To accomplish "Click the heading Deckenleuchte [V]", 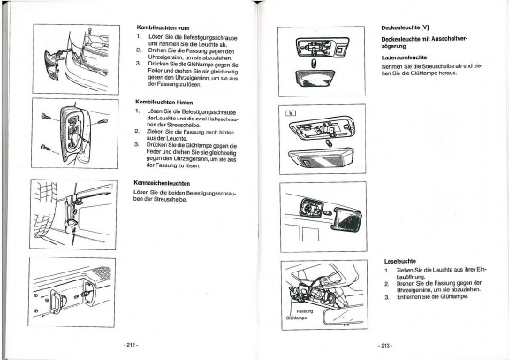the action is coord(405,27).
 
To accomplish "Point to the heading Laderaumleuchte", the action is coord(404,57).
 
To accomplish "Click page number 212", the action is coord(131,345).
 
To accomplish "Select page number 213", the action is coord(385,346).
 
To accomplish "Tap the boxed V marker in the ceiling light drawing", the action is coord(291,113).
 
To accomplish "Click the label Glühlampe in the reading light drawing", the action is coord(296,318).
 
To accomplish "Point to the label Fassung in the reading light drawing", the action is coord(305,311).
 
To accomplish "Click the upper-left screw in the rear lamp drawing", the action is coord(46,117).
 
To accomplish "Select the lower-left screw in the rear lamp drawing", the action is coord(45,148).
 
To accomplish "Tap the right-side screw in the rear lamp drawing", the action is coord(103,122).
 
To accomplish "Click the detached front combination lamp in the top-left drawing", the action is coord(52,65).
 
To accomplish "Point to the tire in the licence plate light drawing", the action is coord(44,210).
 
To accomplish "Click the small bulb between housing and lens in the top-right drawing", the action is coord(314,63).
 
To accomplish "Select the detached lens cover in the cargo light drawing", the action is coord(346,218).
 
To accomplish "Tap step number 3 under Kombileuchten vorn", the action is coord(138,64).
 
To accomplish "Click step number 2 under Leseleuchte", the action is coord(387,284).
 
